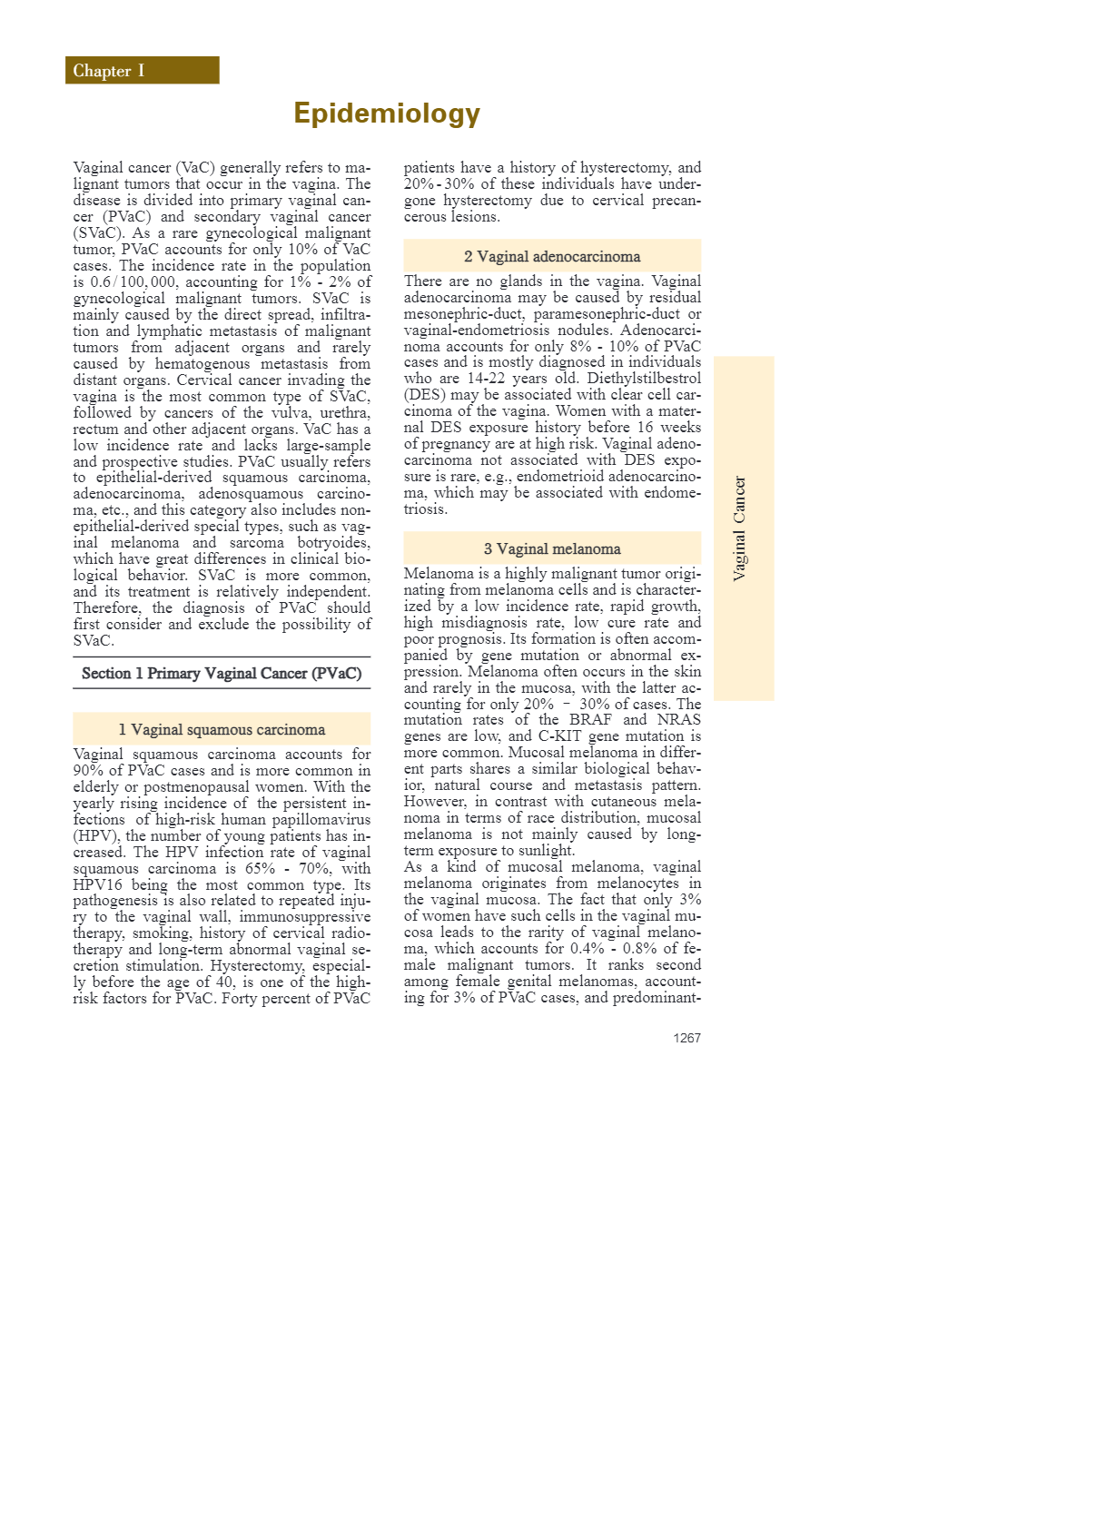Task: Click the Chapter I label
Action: [109, 71]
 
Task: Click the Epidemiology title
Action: [387, 114]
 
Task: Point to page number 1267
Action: [686, 1038]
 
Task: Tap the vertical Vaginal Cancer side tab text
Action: [740, 528]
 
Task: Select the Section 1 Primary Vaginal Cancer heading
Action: [222, 673]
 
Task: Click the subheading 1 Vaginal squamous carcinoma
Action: [222, 729]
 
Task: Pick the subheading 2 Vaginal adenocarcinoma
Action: [552, 256]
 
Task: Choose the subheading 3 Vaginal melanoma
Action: [552, 548]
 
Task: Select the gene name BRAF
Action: [591, 720]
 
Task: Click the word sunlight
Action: [544, 851]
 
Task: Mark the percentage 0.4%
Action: [587, 949]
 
